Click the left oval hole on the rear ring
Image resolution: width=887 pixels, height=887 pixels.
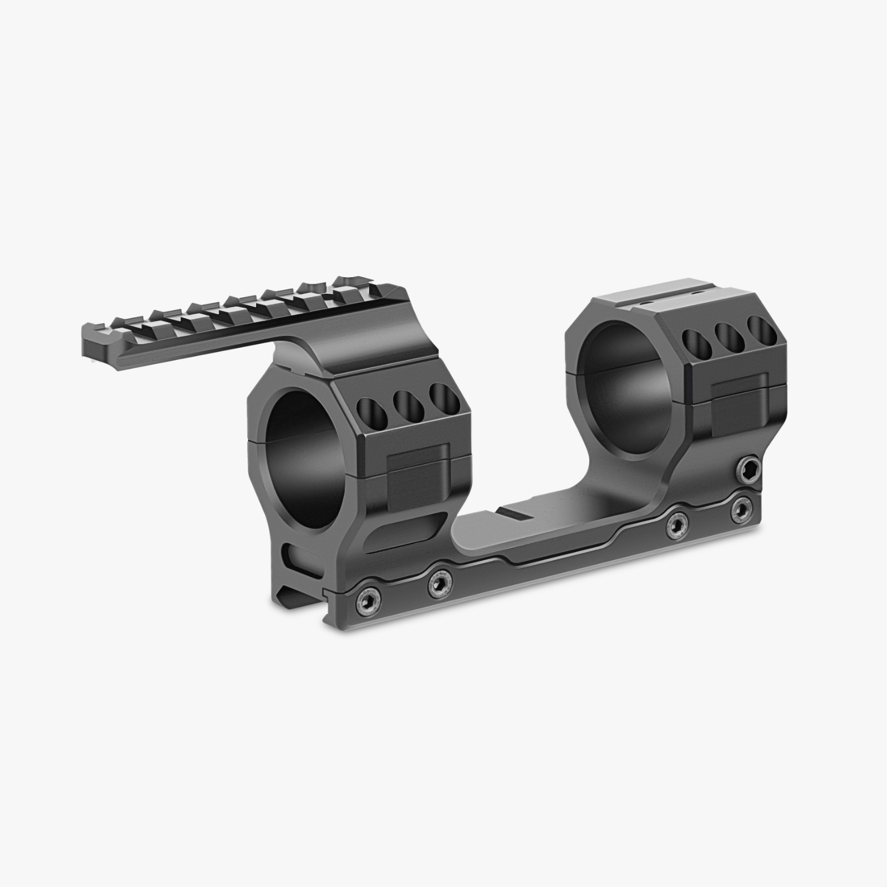pos(695,344)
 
